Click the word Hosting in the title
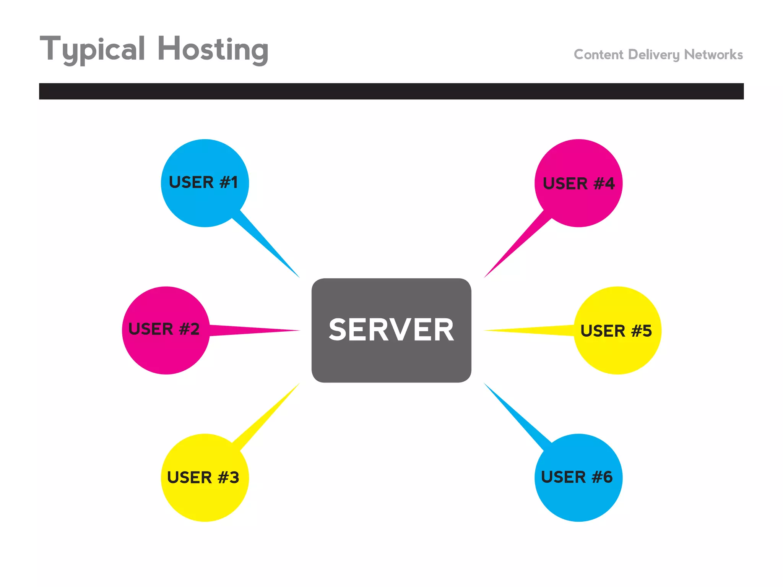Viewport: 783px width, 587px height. tap(213, 50)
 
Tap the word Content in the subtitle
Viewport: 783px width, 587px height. tap(598, 55)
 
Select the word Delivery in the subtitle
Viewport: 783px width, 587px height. tap(654, 55)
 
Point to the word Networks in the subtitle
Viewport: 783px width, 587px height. tap(713, 55)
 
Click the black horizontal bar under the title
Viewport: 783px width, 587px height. tap(391, 91)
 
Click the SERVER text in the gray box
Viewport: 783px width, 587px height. tap(391, 330)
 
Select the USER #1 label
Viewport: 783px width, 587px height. tap(203, 182)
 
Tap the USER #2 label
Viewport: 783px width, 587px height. tap(164, 329)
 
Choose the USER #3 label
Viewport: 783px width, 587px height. tap(203, 477)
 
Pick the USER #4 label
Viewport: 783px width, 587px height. tap(578, 183)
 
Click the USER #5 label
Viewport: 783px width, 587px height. tap(616, 331)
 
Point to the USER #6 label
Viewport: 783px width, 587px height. tap(577, 477)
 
